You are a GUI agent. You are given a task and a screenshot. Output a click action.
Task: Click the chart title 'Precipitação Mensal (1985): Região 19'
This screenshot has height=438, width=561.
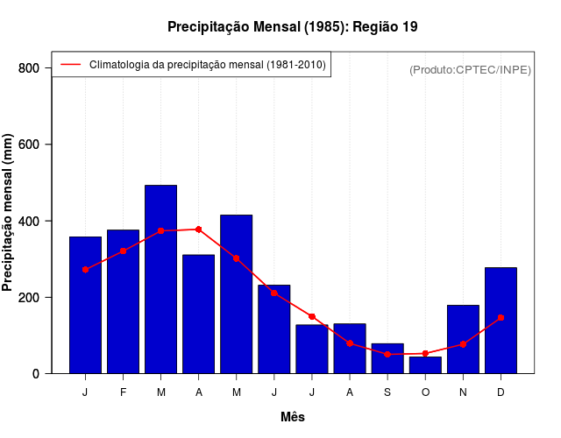[292, 27]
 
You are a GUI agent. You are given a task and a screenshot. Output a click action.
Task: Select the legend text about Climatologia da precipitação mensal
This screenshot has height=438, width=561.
[209, 64]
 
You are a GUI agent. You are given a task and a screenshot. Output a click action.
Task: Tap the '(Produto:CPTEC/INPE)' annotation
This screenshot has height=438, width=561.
[470, 69]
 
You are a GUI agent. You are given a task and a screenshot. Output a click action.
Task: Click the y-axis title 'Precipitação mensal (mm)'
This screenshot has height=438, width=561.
[8, 212]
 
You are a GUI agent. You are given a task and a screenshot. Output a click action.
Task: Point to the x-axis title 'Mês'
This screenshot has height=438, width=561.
[293, 417]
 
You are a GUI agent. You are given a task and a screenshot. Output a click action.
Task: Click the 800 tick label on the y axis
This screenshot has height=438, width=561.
[29, 68]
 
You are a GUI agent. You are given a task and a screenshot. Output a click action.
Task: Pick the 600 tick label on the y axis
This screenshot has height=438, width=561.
[29, 145]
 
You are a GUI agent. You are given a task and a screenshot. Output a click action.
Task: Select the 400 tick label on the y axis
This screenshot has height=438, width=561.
[29, 221]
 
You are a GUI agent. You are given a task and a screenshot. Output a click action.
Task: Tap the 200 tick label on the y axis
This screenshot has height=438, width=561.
[29, 297]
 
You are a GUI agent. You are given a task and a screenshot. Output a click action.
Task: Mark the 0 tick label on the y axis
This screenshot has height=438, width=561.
[35, 373]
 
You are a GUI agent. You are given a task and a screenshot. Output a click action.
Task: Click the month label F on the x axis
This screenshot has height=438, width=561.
[123, 392]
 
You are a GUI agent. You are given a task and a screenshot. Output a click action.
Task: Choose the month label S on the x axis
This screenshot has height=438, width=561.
[387, 392]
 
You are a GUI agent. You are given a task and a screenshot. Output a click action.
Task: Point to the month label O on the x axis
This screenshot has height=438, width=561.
[425, 392]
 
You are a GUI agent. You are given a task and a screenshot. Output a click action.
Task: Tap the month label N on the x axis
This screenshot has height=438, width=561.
[463, 392]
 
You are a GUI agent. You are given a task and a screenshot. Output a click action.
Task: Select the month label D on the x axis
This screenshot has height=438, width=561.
[501, 392]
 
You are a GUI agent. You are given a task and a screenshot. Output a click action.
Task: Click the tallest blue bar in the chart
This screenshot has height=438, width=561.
[160, 280]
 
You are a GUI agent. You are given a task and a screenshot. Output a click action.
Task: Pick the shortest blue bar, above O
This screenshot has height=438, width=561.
[425, 365]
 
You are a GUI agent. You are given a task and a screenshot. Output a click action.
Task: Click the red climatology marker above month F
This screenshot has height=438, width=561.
[123, 251]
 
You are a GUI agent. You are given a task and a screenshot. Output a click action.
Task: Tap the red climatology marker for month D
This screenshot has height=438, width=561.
[501, 317]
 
